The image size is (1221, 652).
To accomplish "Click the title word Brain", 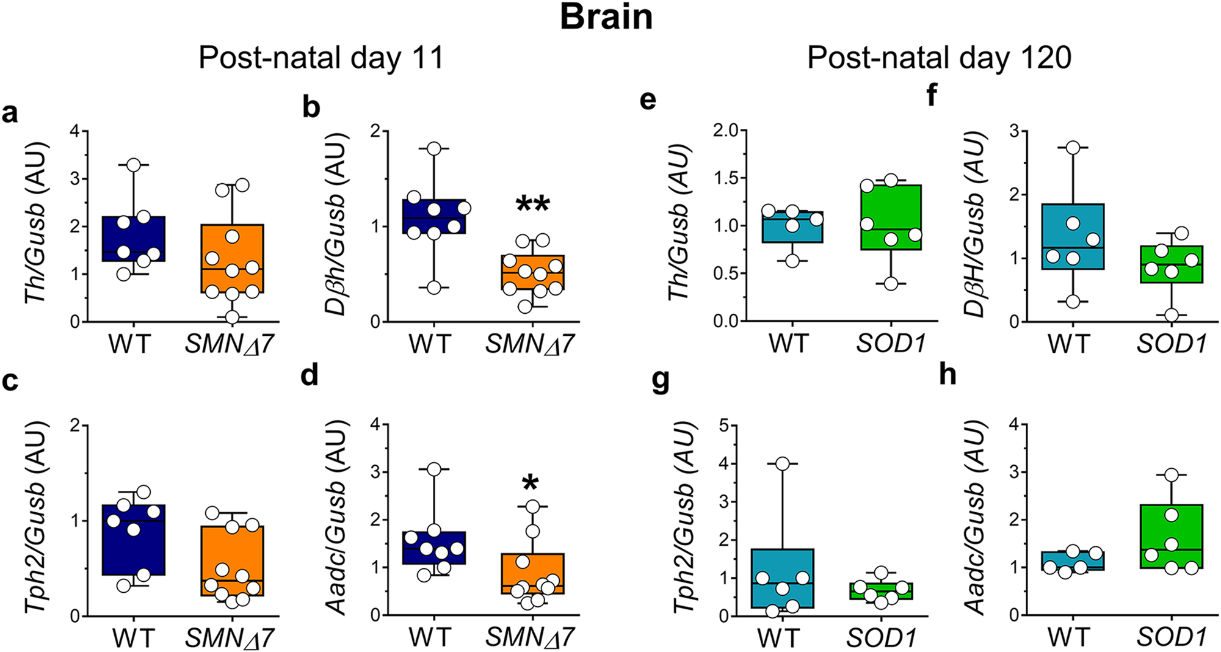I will [606, 17].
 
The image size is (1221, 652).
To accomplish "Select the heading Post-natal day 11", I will [321, 59].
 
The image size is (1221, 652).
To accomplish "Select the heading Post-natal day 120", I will [939, 59].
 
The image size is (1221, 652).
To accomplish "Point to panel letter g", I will [661, 381].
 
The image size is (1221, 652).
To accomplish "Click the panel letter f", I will [932, 95].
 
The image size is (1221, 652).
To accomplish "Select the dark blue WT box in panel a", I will [134, 239].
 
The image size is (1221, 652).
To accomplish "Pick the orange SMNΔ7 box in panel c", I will [233, 560].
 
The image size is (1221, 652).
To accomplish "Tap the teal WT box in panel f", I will [1073, 236].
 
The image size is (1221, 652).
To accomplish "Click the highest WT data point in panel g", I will [783, 464].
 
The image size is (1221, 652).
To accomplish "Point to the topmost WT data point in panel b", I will [434, 148].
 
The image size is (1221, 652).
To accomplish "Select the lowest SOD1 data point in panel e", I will [891, 284].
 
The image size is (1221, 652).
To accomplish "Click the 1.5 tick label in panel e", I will [725, 178].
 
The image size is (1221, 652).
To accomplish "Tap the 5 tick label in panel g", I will [724, 426].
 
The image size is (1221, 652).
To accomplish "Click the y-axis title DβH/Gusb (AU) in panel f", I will [974, 225].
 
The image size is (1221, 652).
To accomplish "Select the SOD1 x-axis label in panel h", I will [1171, 638].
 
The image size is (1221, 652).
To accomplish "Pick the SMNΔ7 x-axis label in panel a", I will [230, 345].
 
